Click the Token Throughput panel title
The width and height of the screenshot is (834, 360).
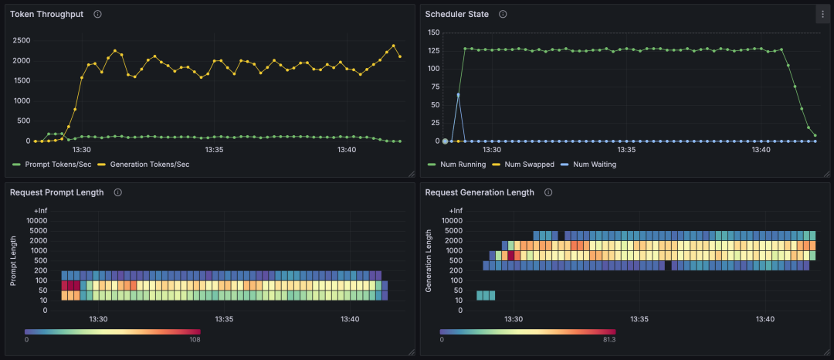point(46,14)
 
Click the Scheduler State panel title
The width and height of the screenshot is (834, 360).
point(456,14)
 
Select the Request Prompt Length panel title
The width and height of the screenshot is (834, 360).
point(56,192)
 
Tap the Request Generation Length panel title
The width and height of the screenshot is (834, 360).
point(480,192)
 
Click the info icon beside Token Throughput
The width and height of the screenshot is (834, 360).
point(97,14)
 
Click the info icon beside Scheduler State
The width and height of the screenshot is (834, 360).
point(503,14)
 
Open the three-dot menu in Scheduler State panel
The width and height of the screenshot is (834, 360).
point(822,14)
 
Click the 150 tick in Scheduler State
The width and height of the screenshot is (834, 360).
point(433,32)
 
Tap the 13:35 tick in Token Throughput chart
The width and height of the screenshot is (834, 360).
point(214,150)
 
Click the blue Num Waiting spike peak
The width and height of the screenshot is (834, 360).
point(458,94)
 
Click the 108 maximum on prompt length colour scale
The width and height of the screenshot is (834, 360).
point(195,339)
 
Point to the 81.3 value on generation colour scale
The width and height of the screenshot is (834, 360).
point(609,339)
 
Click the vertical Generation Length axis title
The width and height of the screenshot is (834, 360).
point(429,260)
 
